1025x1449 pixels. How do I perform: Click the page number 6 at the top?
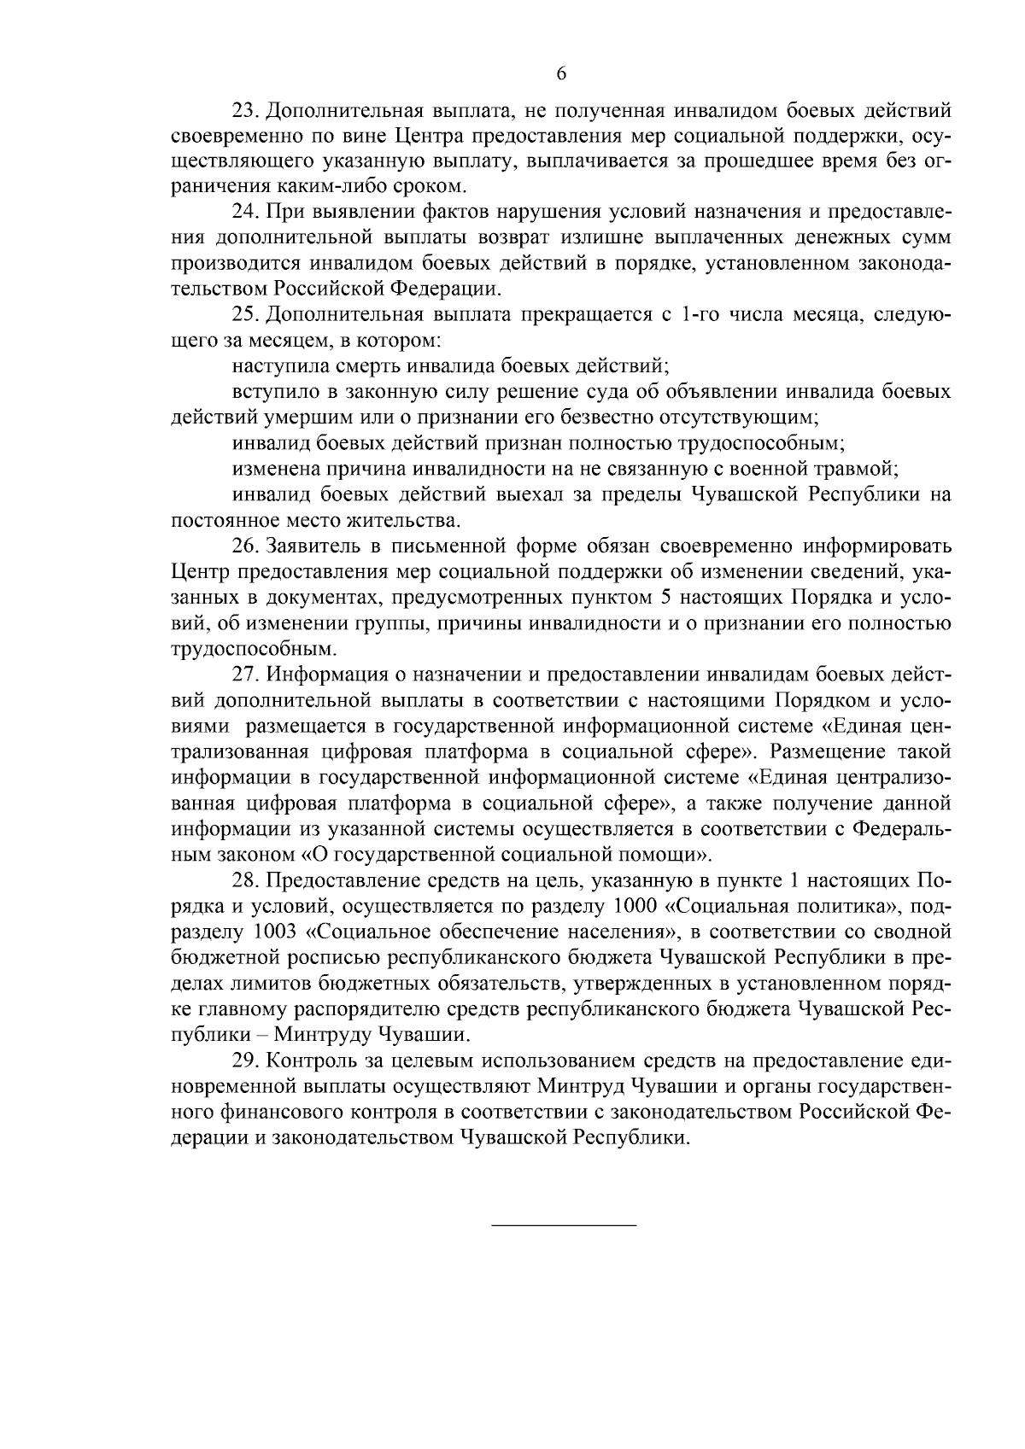[561, 73]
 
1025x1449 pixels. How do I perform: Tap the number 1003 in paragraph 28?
[278, 931]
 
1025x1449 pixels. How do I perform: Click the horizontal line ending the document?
[564, 1226]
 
